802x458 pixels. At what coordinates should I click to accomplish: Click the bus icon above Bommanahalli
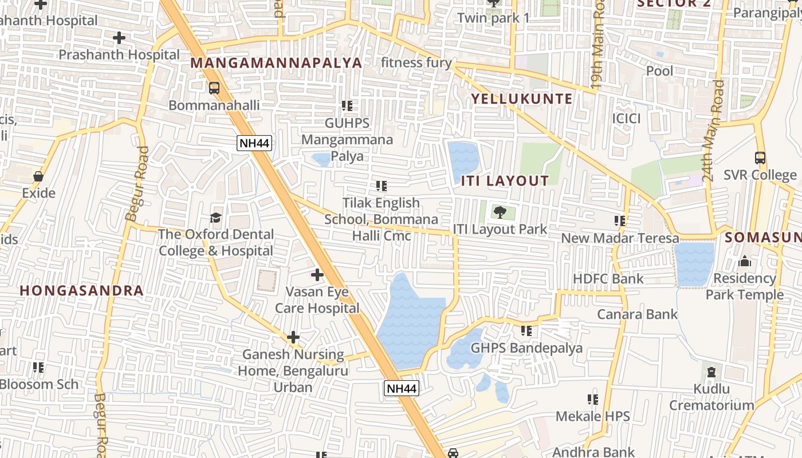click(214, 88)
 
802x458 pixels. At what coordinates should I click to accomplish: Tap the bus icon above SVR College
click(760, 158)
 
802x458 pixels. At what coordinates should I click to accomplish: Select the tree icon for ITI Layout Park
click(500, 212)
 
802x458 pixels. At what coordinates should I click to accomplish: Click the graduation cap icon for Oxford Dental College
click(216, 218)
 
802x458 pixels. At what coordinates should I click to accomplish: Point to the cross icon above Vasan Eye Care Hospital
click(317, 275)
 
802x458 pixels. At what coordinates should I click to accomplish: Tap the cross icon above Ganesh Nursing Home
click(293, 337)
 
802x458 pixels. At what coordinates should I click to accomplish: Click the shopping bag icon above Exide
click(38, 176)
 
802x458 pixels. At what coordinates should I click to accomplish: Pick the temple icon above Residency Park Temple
click(745, 262)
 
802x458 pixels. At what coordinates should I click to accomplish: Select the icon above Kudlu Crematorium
click(711, 373)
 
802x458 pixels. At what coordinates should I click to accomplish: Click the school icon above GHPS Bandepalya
click(526, 331)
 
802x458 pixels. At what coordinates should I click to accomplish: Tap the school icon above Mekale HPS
click(593, 400)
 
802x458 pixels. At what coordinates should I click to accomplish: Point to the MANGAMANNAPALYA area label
click(276, 63)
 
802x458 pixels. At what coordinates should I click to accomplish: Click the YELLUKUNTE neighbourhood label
click(521, 98)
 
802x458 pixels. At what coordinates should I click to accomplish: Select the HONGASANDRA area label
click(81, 290)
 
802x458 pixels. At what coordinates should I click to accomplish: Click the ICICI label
click(626, 119)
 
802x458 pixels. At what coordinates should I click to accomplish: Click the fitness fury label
click(416, 62)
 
